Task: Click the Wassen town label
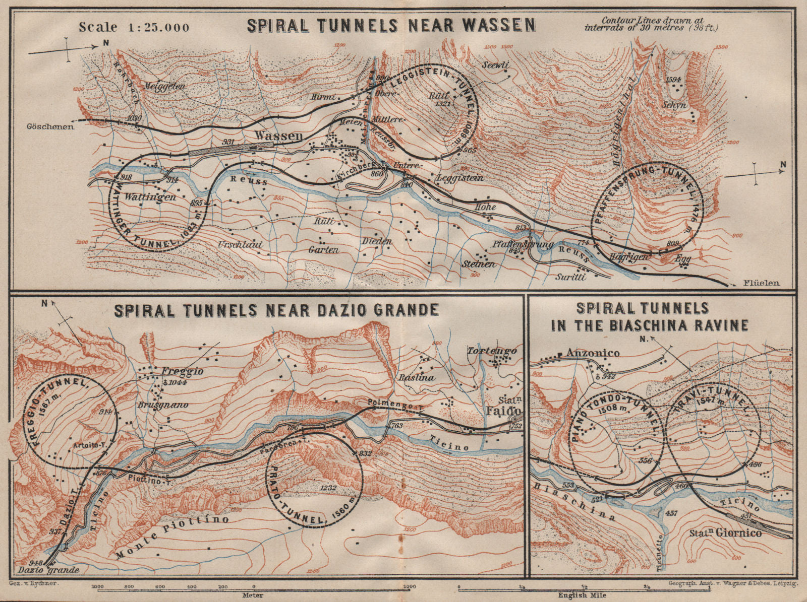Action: coord(278,136)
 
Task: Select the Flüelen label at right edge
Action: coord(761,283)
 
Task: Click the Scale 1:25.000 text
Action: coord(134,27)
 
